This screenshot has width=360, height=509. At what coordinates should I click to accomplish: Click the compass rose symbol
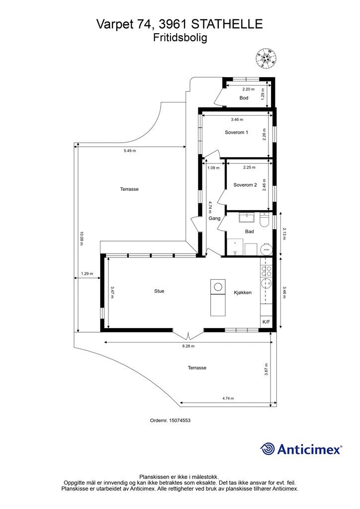click(266, 58)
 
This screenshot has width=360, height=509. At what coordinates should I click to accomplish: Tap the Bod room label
click(244, 98)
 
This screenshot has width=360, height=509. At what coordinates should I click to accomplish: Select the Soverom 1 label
click(236, 132)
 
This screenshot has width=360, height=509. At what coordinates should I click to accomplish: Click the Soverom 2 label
click(245, 185)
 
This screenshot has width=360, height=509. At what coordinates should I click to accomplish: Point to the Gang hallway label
click(214, 218)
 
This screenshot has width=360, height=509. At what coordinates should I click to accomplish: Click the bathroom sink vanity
click(248, 217)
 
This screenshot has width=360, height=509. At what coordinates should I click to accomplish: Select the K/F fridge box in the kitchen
click(266, 322)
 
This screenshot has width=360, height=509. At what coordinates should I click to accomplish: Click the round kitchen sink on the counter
click(266, 283)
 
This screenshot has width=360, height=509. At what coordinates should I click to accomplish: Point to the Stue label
click(159, 291)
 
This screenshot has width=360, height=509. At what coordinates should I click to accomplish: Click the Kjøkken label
click(243, 292)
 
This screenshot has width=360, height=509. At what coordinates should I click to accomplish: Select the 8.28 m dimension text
click(188, 346)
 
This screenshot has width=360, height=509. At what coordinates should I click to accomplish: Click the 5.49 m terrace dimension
click(130, 151)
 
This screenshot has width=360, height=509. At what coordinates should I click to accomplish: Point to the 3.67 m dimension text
click(266, 369)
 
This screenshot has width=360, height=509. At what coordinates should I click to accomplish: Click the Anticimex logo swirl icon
click(268, 449)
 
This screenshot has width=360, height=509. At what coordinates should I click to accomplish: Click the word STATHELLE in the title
click(227, 24)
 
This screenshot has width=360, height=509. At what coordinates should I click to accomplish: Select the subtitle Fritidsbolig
click(180, 38)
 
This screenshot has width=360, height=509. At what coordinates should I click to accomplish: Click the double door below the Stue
click(188, 335)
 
